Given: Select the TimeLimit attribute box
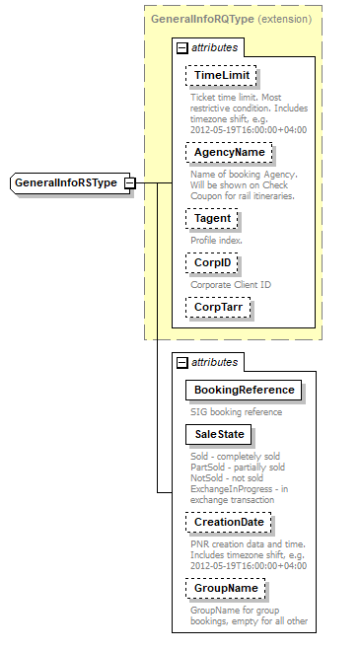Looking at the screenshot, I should pos(221,76).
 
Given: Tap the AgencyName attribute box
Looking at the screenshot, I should pos(229,153).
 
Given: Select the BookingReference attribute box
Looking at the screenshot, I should pos(244,390).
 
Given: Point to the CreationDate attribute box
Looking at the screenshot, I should pos(229,522).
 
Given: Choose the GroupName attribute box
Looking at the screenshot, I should pos(226,588).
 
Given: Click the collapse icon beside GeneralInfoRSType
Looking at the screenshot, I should pos(129,183).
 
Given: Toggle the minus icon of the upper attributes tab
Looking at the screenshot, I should pos(181,47).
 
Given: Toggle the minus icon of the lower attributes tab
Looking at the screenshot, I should pos(181,362).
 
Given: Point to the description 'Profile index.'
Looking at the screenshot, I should pos(217,240).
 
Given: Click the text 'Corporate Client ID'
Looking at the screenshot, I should pos(231,285).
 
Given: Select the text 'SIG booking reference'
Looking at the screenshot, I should pos(237,411).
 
